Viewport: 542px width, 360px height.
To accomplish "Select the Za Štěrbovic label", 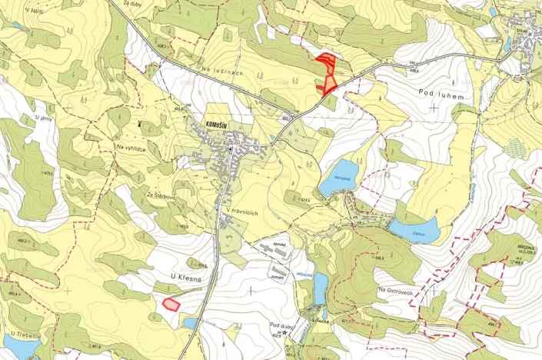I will (162, 195).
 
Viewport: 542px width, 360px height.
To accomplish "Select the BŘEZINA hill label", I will (525, 247).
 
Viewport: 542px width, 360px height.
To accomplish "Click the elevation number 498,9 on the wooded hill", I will (381, 258).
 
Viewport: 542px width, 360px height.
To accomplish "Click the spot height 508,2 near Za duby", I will (162, 47).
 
